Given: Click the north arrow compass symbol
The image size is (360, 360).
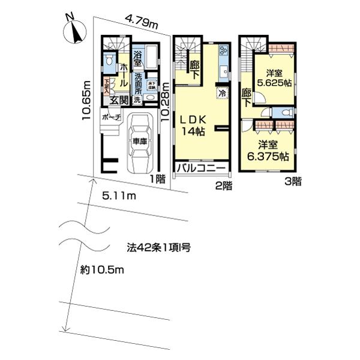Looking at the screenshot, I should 74,30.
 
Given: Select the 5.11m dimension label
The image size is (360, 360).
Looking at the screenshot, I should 119,196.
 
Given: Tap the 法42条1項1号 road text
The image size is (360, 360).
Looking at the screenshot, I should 158,247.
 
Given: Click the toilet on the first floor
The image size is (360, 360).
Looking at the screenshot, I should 109,60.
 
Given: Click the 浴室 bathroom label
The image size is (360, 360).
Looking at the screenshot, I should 137,59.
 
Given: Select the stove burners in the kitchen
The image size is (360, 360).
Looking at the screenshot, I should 224,50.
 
